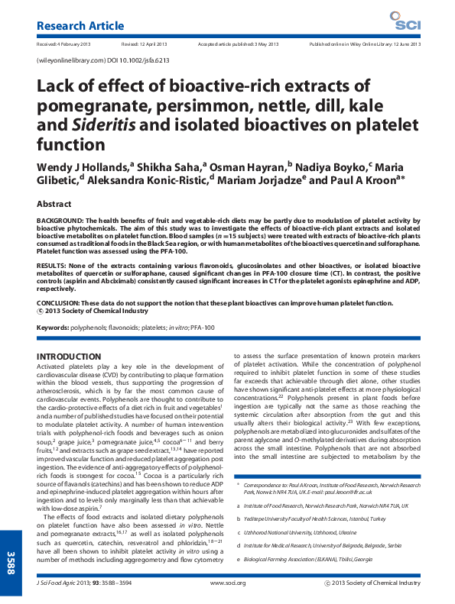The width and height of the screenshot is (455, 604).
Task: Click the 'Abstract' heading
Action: click(54, 204)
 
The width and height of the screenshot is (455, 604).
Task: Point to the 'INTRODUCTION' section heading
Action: click(69, 357)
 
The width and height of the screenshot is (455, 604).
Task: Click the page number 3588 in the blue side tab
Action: click(11, 560)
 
